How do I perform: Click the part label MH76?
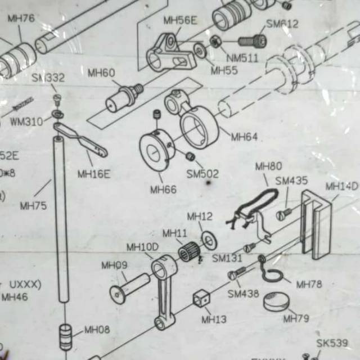pyautogui.click(x=21, y=19)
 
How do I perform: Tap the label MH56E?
pyautogui.click(x=180, y=21)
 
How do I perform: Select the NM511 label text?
pyautogui.click(x=242, y=58)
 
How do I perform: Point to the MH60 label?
pyautogui.click(x=101, y=73)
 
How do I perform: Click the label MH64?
pyautogui.click(x=244, y=137)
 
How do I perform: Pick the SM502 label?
pyautogui.click(x=202, y=174)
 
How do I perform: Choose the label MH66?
pyautogui.click(x=163, y=190)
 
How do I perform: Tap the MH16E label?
pyautogui.click(x=94, y=174)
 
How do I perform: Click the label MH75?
pyautogui.click(x=33, y=206)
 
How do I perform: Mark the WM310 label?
pyautogui.click(x=26, y=121)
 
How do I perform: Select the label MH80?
pyautogui.click(x=268, y=166)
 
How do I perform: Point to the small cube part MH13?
pyautogui.click(x=202, y=298)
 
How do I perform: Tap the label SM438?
pyautogui.click(x=243, y=294)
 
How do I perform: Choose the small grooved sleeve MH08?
pyautogui.click(x=66, y=336)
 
